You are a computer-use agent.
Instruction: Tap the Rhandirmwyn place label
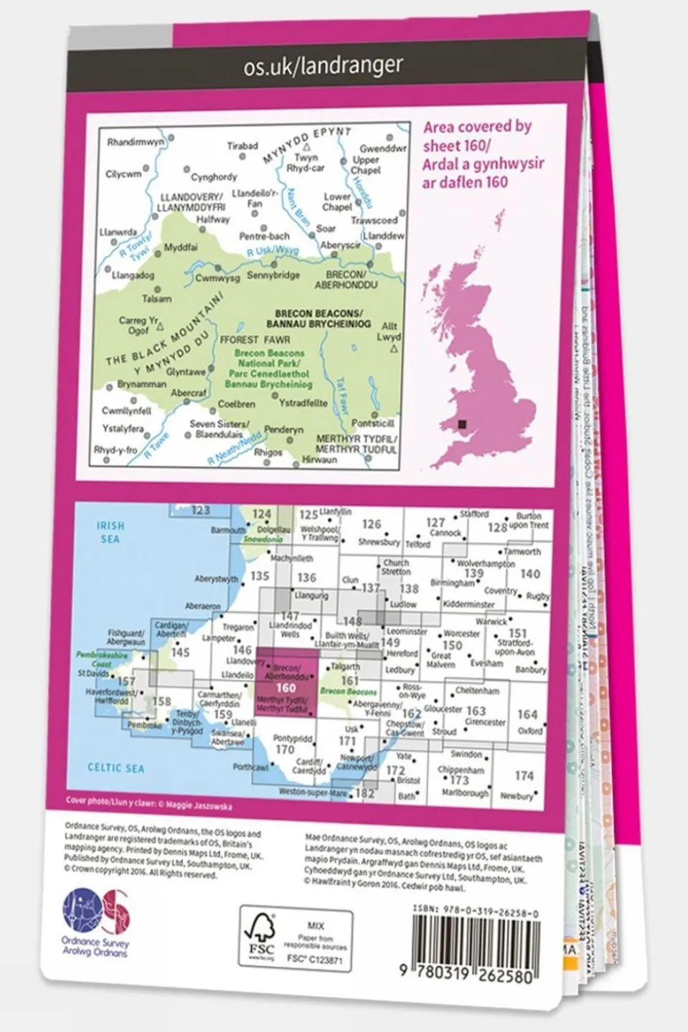[136, 142]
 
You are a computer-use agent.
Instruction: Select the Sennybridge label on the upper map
[273, 275]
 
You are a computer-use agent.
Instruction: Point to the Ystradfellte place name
[303, 403]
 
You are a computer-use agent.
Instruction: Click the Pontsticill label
[373, 424]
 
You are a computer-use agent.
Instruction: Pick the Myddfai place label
[181, 247]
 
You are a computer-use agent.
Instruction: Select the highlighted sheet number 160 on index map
[286, 688]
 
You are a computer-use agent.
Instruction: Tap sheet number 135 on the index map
[260, 576]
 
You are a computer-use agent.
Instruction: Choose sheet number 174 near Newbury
[524, 776]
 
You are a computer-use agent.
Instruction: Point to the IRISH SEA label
[110, 531]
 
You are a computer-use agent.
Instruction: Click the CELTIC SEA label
[116, 767]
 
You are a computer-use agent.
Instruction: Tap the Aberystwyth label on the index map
[216, 579]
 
